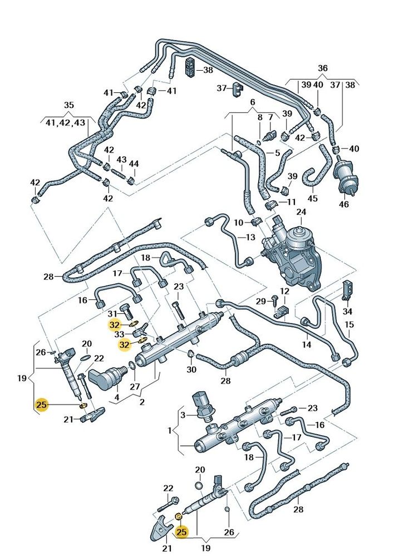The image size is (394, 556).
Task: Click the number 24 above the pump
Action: pos(301,212)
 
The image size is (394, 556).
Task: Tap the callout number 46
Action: pos(344,205)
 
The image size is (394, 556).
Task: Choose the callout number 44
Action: pos(134,164)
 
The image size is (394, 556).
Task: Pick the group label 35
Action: pos(68,105)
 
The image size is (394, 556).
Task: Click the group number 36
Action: pos(323,68)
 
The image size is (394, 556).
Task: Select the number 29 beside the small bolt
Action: pos(262,301)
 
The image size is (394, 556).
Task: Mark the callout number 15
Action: pos(349,324)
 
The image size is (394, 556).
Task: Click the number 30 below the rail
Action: pos(192,370)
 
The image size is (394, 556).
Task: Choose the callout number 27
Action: pos(135,386)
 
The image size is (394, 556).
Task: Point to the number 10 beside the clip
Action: pos(238,223)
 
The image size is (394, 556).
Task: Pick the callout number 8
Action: pos(259,117)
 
